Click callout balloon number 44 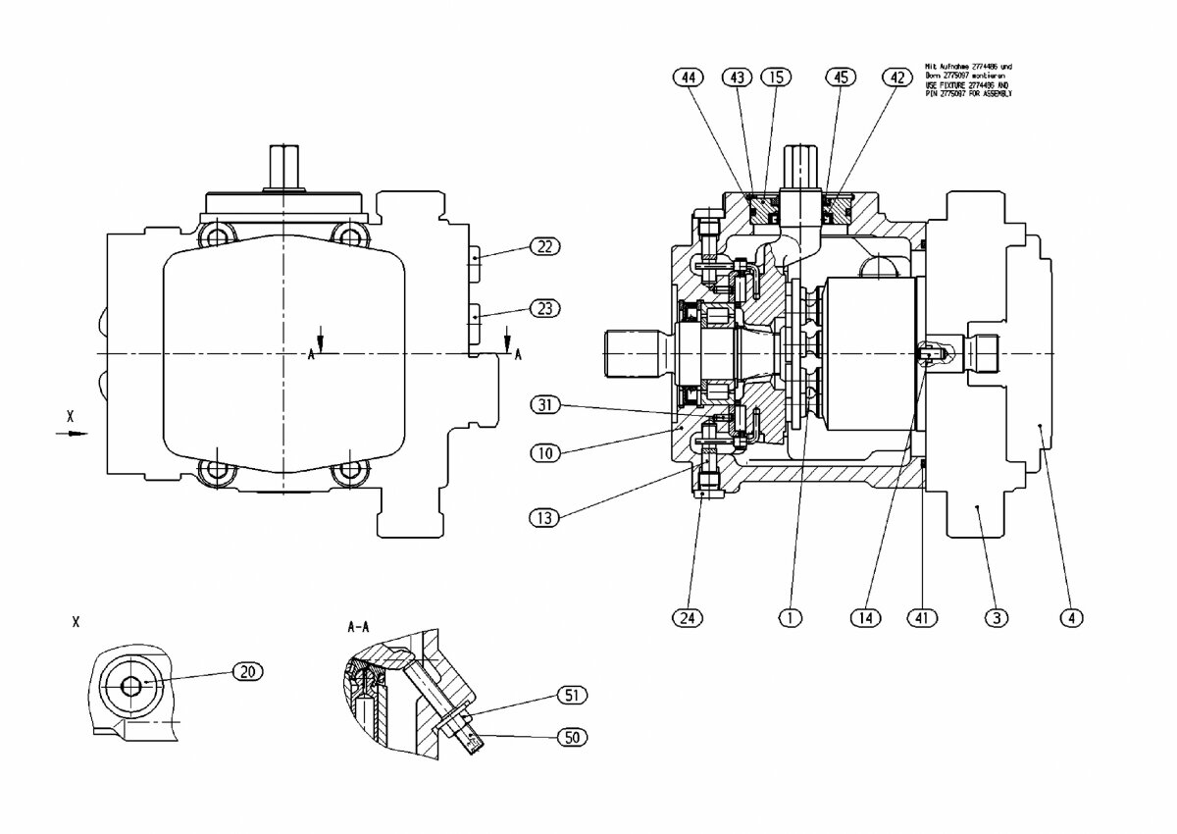tap(691, 77)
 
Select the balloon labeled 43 tap(737, 77)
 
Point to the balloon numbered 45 tap(840, 77)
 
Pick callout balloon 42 tap(896, 77)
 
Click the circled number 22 tap(542, 247)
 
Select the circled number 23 tap(542, 308)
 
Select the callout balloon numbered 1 tap(791, 617)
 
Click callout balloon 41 tap(923, 617)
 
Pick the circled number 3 tap(997, 617)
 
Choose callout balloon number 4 tap(1072, 617)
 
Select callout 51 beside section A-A tap(571, 696)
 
